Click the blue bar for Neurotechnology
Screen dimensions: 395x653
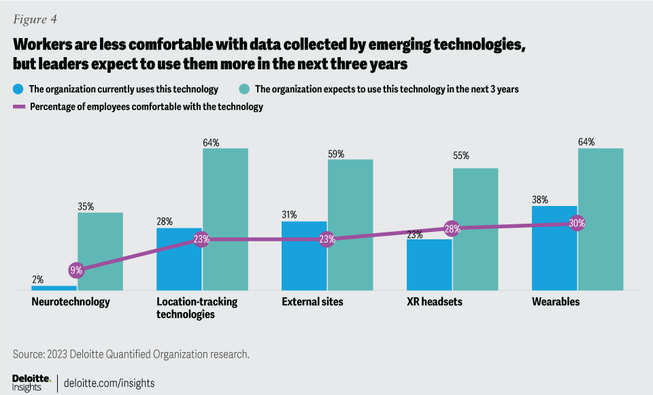tap(54, 288)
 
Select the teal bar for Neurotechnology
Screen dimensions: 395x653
tap(100, 252)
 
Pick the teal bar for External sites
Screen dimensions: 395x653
tap(350, 225)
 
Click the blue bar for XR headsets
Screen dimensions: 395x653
tap(429, 265)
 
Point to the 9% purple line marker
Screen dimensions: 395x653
tap(76, 270)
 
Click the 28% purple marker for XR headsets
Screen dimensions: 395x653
tap(452, 228)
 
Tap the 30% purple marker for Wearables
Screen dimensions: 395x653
tap(577, 223)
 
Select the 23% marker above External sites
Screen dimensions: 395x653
tap(327, 239)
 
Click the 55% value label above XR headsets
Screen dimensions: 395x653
tap(461, 156)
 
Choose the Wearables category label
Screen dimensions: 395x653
tap(556, 302)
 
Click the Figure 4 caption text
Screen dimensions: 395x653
tap(35, 19)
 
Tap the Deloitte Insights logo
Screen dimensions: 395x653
tap(31, 381)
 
